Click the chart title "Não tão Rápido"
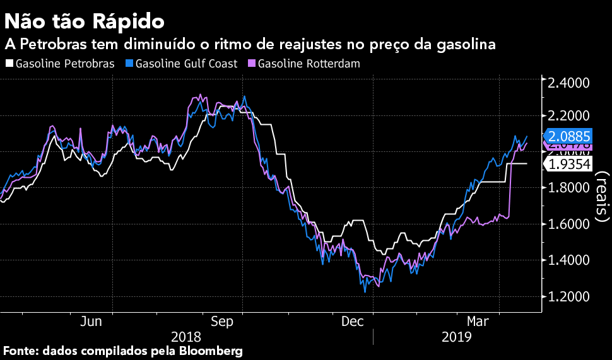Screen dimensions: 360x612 click(x=85, y=21)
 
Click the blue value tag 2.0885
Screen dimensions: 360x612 click(x=569, y=136)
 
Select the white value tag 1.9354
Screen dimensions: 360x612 click(x=569, y=164)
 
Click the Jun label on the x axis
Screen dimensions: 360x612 click(x=91, y=322)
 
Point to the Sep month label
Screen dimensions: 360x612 click(x=222, y=322)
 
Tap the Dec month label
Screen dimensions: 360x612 click(x=353, y=322)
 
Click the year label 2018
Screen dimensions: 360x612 click(x=186, y=337)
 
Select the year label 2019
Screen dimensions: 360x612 click(x=457, y=337)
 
